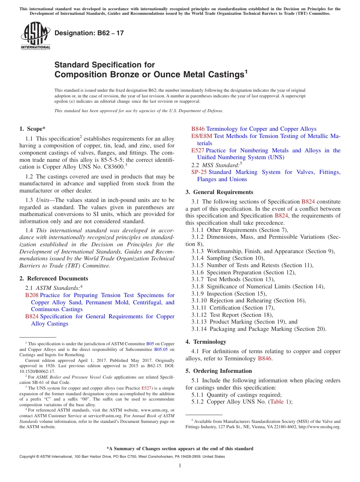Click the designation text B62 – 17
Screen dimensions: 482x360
[89, 33]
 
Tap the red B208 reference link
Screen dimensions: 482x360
[32, 295]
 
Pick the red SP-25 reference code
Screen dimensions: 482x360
[199, 172]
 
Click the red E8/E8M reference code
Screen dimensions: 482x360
[202, 136]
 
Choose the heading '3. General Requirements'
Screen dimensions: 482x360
[219, 192]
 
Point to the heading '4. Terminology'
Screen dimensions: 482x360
[206, 341]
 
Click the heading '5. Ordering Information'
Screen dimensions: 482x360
[219, 371]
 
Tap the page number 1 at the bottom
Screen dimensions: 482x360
[180, 465]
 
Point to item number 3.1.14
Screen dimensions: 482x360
[200, 329]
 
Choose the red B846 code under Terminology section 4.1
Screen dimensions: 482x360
[265, 358]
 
